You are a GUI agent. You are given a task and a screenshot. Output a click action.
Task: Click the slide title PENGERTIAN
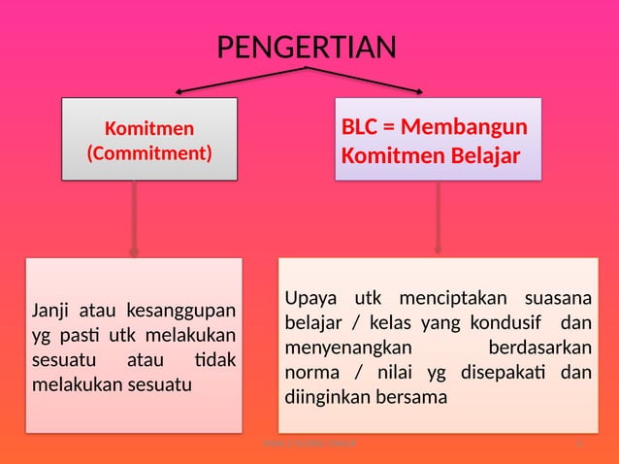[306, 48]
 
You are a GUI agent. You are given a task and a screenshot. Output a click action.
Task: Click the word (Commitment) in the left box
[149, 152]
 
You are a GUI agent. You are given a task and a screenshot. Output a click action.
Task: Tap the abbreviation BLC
[360, 128]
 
